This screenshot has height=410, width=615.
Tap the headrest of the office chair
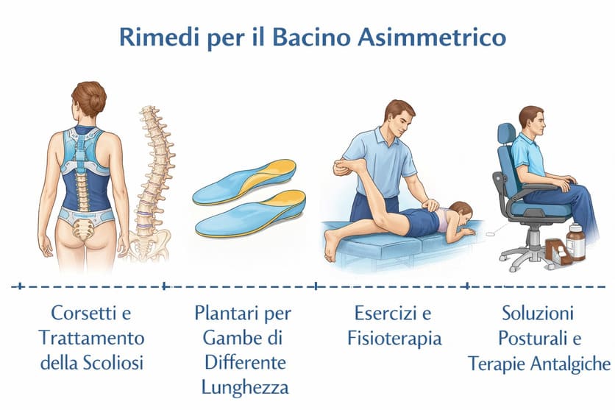coord(505,134)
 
